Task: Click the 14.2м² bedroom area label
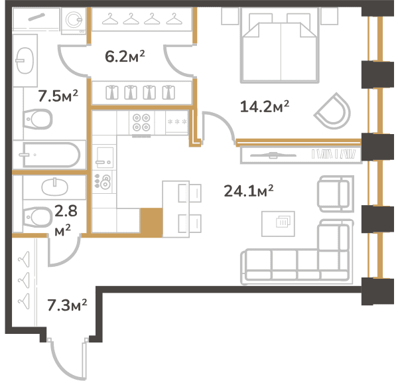[264, 107]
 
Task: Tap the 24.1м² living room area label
[249, 191]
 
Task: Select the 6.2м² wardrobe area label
[125, 56]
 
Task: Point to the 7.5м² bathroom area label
[58, 96]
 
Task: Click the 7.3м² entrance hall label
[67, 305]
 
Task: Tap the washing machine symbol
[74, 21]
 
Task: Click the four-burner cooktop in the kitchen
[141, 122]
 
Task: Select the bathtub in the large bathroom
[51, 155]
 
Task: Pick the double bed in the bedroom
[280, 48]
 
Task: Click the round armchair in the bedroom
[333, 112]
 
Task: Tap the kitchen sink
[104, 157]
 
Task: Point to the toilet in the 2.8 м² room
[37, 218]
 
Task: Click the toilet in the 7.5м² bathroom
[37, 119]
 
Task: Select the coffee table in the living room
[278, 224]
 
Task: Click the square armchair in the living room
[335, 194]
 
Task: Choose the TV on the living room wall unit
[273, 155]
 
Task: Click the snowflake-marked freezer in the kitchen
[177, 122]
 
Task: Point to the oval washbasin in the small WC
[54, 187]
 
